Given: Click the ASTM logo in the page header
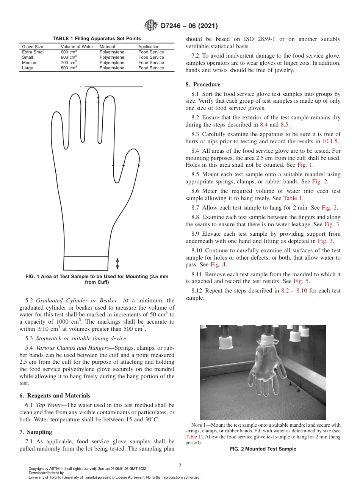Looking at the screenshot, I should [x=151, y=26].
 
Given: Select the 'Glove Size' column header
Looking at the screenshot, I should [x=33, y=47].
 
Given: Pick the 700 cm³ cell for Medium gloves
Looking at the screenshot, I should [x=69, y=63].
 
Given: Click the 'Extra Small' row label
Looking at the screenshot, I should [x=33, y=52].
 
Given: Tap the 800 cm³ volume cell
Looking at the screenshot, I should [x=69, y=68].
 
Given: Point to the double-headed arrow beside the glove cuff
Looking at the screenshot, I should [x=117, y=263].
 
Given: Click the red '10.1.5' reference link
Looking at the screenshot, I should [x=330, y=141].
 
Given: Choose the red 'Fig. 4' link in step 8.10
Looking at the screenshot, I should [x=219, y=264].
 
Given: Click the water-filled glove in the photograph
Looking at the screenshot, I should [x=265, y=364].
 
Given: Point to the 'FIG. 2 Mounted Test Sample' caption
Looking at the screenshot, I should [x=263, y=449].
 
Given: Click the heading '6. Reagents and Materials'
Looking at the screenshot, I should [x=55, y=396].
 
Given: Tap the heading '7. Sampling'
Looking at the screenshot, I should [x=36, y=432].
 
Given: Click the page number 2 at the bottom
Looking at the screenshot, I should [x=180, y=466].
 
